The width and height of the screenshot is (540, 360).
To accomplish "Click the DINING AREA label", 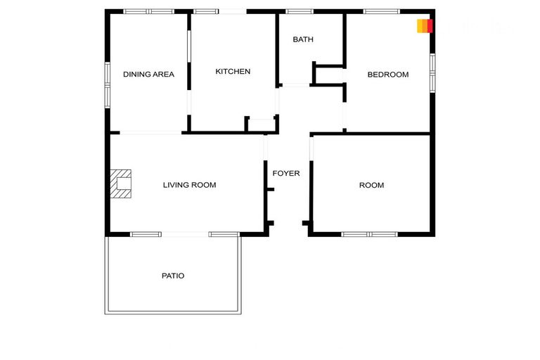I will coord(148,74).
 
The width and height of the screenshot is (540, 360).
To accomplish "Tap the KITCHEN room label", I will coord(233,71).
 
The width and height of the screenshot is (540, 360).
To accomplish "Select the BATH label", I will coord(303,39).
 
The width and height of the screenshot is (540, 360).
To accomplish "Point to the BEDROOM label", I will coord(388,75).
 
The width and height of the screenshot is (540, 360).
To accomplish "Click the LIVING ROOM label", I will coord(189,185).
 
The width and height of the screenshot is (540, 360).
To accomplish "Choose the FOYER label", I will coord(286,173).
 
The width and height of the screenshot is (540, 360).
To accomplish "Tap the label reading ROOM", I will coord(371,185).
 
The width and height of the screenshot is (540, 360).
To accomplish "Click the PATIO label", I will coord(173,276).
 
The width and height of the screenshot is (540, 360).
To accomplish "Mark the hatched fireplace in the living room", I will coord(122,184).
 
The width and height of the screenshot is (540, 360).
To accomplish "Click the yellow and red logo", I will coord(424,26).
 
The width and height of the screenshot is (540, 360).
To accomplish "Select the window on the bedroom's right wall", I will coord(432,73).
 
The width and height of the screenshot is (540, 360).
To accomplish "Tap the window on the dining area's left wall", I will coord(108,84).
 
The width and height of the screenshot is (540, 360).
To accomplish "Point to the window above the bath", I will coord(300,11).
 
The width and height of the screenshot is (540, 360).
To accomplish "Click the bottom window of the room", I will coord(370,234).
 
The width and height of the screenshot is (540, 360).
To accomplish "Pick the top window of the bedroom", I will coord(382,11).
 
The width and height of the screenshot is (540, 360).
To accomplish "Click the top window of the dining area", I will coord(148,11).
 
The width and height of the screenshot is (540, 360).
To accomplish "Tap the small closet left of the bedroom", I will coord(327,76).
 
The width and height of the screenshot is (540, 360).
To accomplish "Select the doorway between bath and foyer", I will coord(295,85).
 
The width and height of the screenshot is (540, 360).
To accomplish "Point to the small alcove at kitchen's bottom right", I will coord(261,124).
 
